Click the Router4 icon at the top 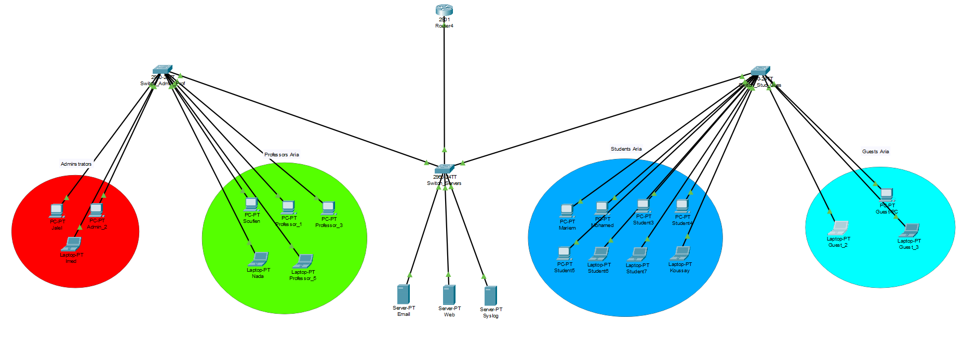click(444, 10)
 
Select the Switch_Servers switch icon click(444, 169)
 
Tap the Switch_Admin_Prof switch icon click(163, 70)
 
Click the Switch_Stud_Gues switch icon click(760, 71)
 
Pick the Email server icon click(404, 294)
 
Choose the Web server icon click(449, 295)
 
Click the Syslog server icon click(490, 296)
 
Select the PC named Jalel click(57, 210)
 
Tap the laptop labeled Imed click(71, 244)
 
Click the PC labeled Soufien click(251, 204)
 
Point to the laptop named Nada click(258, 259)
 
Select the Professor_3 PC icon click(328, 208)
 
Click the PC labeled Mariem click(567, 210)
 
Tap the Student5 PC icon click(564, 254)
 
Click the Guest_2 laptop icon click(838, 229)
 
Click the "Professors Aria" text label click(282, 154)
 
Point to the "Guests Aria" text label click(875, 152)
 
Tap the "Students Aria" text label click(626, 149)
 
